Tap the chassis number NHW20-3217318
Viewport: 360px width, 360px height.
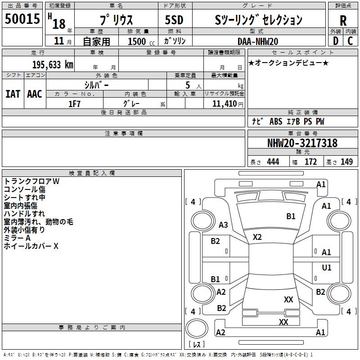tap(302, 143)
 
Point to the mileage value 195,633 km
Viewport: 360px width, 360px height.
tap(53, 65)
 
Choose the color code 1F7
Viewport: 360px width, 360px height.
tap(74, 103)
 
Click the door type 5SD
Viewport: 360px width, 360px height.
tap(174, 20)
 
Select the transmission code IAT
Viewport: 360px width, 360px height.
tap(13, 94)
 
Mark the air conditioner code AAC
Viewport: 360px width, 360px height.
tap(35, 94)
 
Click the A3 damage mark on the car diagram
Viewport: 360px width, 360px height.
tap(223, 225)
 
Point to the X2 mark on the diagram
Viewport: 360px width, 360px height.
tap(257, 237)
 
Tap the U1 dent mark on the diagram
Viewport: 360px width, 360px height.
tap(327, 268)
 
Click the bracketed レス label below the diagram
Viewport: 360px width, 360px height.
tap(197, 345)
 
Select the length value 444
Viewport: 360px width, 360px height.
tap(273, 162)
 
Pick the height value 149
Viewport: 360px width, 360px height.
tap(346, 162)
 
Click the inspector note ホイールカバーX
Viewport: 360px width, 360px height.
tap(31, 246)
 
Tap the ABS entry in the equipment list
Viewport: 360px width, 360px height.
tap(275, 121)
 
